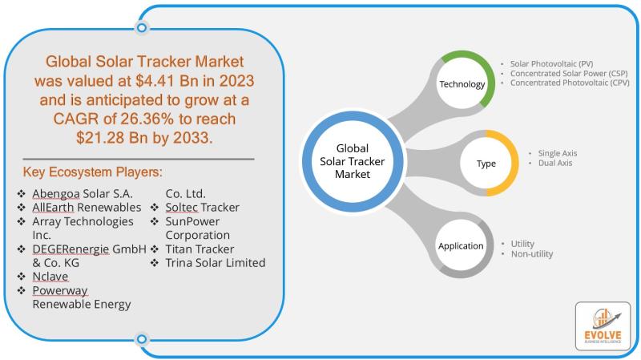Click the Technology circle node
pos(462,79)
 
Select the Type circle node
pos(486,164)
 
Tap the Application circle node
pos(462,246)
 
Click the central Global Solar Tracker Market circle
pos(353,161)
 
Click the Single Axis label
pos(557,153)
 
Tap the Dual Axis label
pos(554,163)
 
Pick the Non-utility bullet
pos(532,253)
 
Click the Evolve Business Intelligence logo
pos(603,326)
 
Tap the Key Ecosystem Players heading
pos(92,172)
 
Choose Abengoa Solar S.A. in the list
pos(83,193)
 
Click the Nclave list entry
pos(50,277)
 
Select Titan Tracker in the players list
pos(200,249)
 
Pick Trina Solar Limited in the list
pos(216,263)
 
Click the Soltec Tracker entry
pos(203,208)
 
